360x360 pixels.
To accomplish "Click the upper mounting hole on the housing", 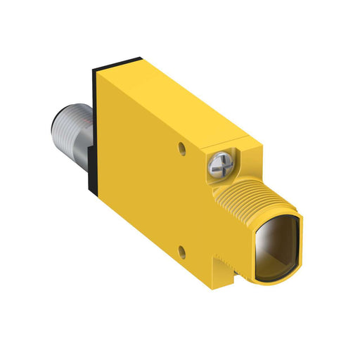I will click(184, 148).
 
